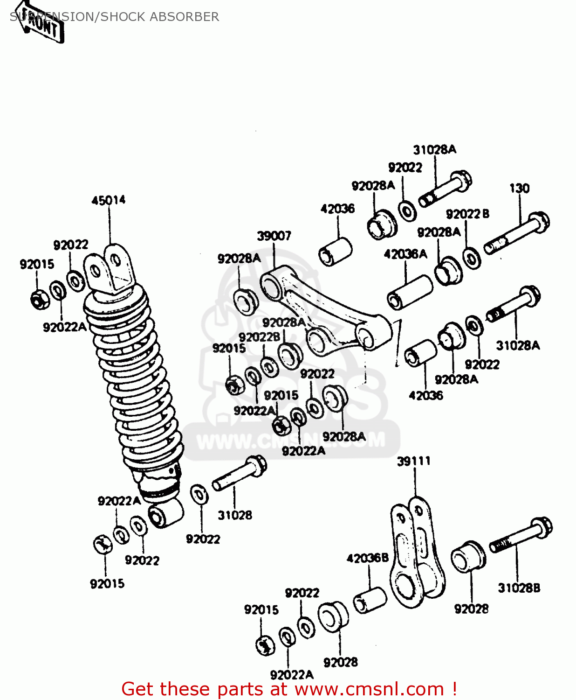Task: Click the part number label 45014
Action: [108, 200]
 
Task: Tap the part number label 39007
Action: [274, 236]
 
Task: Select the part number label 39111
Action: [413, 461]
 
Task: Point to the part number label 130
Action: [519, 188]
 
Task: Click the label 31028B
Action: [519, 588]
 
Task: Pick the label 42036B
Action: [367, 558]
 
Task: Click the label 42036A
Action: [405, 254]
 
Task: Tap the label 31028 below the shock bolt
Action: [235, 515]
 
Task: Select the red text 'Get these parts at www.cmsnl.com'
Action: [289, 689]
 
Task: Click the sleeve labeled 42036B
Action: [370, 599]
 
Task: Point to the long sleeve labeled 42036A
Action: [410, 293]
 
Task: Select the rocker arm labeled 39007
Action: [326, 313]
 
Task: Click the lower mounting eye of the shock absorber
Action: [165, 513]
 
